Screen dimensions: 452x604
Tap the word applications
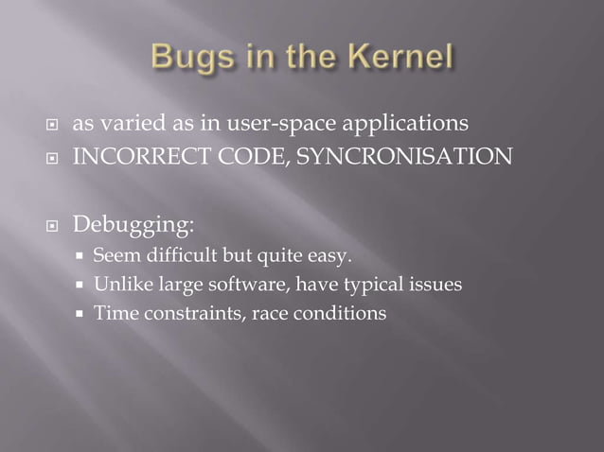tap(397, 123)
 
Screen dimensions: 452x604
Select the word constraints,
tap(192, 312)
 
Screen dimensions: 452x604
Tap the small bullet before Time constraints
tap(80, 312)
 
